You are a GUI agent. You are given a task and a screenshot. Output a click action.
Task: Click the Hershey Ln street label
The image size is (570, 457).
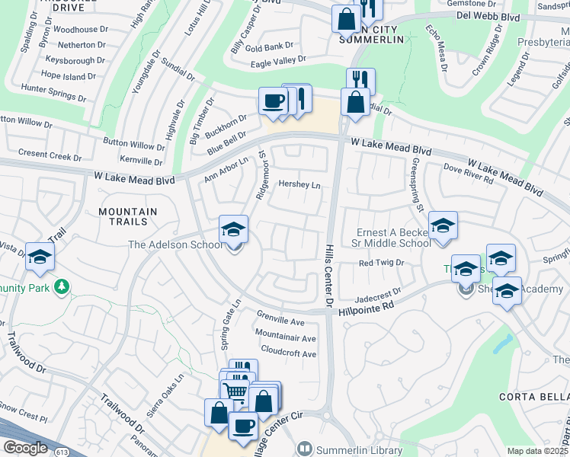(299, 185)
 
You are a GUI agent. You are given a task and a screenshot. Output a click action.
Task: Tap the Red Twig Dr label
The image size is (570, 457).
(380, 264)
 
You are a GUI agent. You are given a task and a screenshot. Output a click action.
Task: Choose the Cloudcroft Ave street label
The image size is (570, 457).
(288, 354)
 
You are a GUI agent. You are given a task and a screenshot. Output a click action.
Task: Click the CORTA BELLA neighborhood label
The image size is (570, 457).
(533, 397)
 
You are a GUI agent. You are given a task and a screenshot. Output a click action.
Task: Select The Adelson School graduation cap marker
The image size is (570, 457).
(234, 228)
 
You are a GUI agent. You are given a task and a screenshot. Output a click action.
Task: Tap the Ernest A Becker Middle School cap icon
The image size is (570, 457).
(443, 225)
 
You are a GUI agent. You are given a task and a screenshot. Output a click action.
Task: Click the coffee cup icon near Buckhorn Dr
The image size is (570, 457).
(272, 101)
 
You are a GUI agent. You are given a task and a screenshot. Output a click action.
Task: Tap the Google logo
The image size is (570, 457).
(25, 448)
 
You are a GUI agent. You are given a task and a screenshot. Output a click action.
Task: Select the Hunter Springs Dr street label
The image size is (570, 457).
(53, 92)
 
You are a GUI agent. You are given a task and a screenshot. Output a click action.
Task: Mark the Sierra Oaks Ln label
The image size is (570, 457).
(169, 388)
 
